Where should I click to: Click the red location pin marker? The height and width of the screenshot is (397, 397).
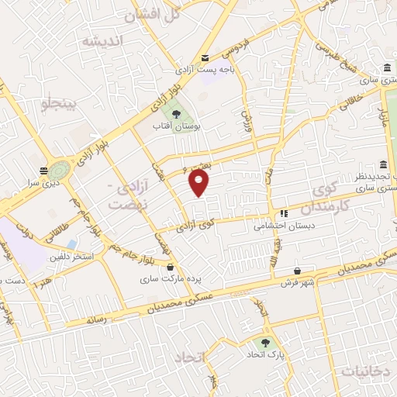[x=199, y=183]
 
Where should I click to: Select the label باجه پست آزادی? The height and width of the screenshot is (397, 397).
[x=202, y=70]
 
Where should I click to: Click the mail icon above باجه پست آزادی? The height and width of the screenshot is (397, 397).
[x=205, y=58]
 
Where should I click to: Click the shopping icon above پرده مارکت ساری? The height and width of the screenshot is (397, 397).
[x=169, y=268]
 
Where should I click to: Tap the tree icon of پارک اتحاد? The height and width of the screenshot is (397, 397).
[x=267, y=342]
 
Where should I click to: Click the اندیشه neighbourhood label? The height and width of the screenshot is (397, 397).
[x=104, y=41]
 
